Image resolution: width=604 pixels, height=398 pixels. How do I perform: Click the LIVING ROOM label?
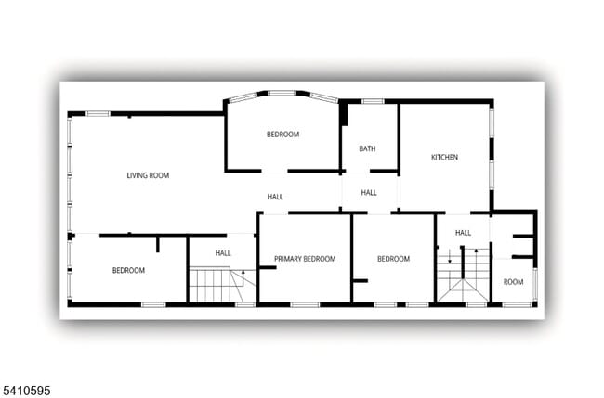tap(148, 174)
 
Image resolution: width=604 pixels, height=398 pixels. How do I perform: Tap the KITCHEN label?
tap(444, 158)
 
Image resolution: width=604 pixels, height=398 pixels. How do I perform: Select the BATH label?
tap(367, 148)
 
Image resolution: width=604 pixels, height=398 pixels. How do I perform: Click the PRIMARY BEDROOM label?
tap(305, 259)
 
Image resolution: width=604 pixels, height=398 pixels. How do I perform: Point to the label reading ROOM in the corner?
tap(513, 281)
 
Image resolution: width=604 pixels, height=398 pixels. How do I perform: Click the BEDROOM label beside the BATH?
tap(282, 135)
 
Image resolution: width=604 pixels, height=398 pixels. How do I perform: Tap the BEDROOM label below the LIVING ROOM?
tap(128, 270)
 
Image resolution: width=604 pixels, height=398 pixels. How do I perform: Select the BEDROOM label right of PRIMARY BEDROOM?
tap(393, 259)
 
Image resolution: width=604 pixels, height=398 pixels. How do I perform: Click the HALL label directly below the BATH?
tap(369, 193)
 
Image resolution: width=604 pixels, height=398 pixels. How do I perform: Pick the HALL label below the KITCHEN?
tap(463, 233)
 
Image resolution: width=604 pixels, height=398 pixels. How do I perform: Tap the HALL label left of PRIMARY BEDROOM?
tap(223, 252)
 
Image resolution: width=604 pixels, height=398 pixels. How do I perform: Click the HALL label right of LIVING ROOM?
tap(275, 197)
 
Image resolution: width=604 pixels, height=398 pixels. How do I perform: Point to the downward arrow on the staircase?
tap(451, 257)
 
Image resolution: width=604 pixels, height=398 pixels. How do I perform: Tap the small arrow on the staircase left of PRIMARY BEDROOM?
tap(243, 273)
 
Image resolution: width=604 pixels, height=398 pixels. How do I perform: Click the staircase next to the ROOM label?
tap(463, 277)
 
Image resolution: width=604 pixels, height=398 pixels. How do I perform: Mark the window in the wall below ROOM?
tap(517, 304)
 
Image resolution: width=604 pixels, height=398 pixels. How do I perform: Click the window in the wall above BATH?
tap(373, 101)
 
